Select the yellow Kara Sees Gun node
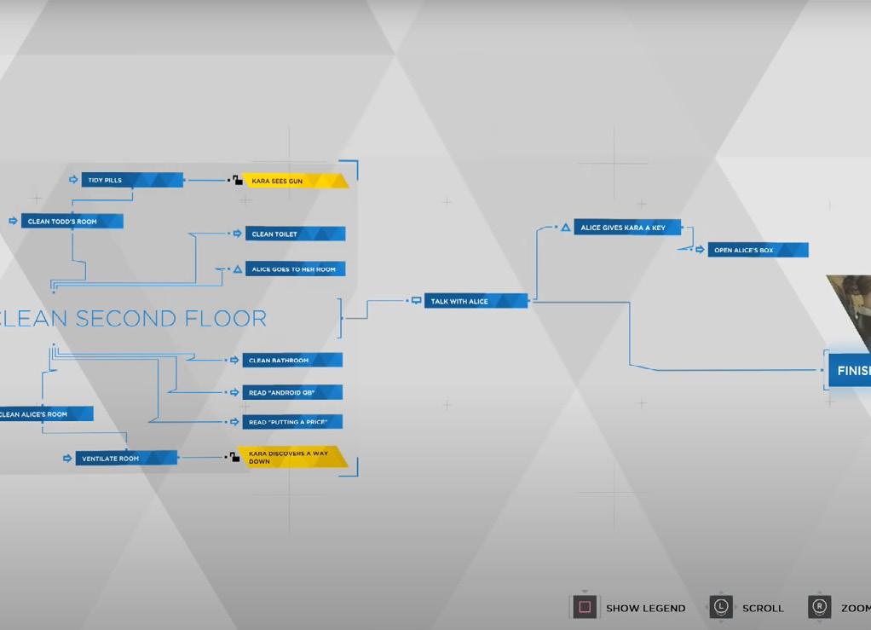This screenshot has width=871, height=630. coord(295,181)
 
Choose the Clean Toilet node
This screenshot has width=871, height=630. coord(295,234)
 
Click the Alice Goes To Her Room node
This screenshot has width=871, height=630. coord(295,269)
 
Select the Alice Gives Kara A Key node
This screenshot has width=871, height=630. coord(627,228)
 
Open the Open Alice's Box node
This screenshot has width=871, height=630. coord(757,251)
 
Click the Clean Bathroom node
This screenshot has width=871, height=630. coord(292,361)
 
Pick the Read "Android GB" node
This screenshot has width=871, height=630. coord(292,392)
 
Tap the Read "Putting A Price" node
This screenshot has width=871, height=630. coord(292,422)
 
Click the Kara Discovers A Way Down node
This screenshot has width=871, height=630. coord(292,458)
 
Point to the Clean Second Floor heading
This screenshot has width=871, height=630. coord(132,319)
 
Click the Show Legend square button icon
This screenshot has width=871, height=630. coord(585,607)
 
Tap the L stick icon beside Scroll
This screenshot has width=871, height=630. coord(721,607)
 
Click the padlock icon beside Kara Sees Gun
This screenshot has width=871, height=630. coord(236,181)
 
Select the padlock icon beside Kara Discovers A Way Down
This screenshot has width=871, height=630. coord(234,458)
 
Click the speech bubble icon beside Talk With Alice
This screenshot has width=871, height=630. coord(416,301)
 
